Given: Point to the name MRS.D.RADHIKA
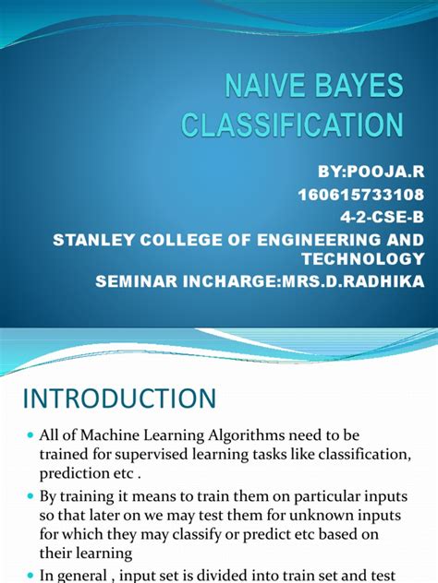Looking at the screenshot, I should [346, 282].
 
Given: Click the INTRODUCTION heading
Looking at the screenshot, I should [119, 400].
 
